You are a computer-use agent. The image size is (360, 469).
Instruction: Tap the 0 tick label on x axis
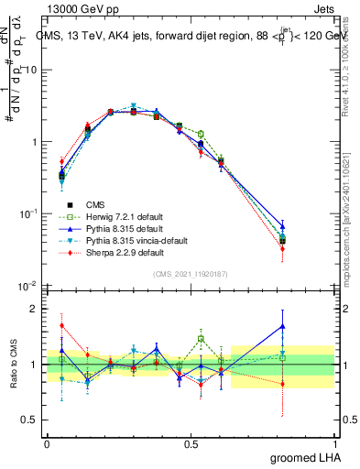[x=47, y=442]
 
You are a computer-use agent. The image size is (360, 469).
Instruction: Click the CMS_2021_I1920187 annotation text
[x=191, y=272]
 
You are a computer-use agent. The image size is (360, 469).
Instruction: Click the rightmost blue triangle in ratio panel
[x=309, y=326]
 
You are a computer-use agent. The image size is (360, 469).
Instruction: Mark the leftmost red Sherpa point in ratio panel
[x=61, y=325]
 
